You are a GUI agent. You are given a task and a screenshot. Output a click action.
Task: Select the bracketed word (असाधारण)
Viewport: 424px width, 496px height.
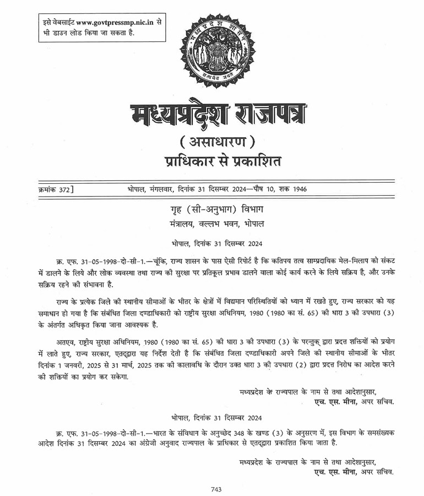(x=218, y=142)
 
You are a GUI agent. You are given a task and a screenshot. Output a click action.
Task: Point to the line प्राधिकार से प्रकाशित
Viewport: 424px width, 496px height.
(x=223, y=162)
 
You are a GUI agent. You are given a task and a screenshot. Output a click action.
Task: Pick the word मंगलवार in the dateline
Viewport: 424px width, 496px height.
(x=167, y=189)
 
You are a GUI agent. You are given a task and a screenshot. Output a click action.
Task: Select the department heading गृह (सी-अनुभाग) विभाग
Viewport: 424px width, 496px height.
(x=219, y=210)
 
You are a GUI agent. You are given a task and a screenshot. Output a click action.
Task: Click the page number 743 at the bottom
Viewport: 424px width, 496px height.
(x=216, y=489)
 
